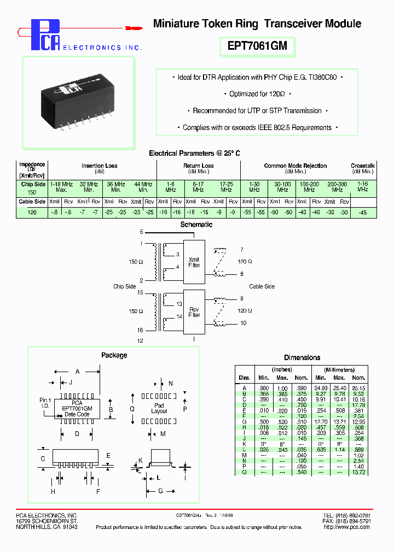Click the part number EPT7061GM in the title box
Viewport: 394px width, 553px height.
click(257, 46)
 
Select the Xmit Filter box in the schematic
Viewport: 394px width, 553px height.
click(194, 262)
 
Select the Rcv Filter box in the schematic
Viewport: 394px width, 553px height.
click(194, 312)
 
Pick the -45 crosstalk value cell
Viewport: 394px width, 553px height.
click(363, 213)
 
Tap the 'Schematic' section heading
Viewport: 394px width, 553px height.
click(196, 225)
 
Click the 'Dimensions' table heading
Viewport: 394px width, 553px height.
click(302, 357)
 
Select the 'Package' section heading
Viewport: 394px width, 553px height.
click(114, 355)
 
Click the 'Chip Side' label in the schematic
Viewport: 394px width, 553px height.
click(124, 286)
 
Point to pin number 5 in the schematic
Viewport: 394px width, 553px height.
click(141, 232)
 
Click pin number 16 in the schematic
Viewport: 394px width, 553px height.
click(140, 330)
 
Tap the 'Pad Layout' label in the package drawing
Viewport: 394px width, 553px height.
click(159, 408)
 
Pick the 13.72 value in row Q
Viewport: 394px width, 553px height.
click(358, 472)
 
